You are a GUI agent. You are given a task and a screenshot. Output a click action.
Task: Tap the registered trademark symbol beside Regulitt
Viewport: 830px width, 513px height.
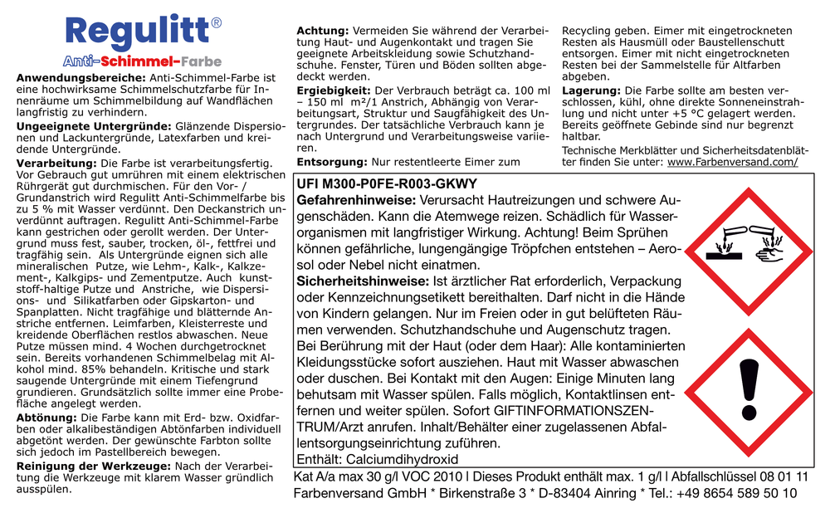[216, 23]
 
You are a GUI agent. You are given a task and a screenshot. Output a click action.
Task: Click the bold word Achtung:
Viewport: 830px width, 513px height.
[322, 31]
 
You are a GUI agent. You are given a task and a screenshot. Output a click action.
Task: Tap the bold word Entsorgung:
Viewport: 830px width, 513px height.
[332, 162]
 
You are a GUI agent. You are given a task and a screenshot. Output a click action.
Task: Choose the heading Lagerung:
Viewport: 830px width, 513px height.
[591, 90]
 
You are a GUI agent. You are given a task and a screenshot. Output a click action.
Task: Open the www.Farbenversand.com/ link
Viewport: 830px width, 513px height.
[732, 162]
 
